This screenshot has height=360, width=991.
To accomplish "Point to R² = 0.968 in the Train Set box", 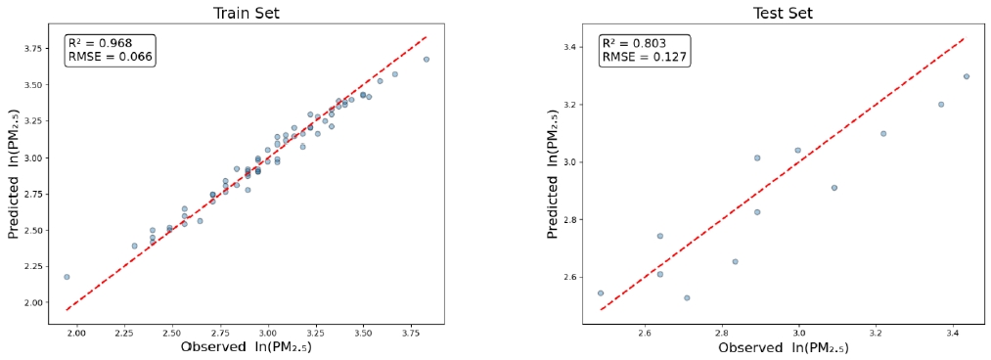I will (x=99, y=43).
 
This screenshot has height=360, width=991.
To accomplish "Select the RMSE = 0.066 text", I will (x=110, y=57).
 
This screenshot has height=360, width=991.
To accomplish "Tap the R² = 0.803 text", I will (x=633, y=43).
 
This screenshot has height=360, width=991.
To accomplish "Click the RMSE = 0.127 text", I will (x=644, y=57).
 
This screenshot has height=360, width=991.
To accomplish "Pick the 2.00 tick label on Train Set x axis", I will (x=76, y=333).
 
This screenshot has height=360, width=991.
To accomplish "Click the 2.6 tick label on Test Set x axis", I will (x=644, y=333).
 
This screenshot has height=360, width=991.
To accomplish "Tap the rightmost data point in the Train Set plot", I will (x=426, y=59).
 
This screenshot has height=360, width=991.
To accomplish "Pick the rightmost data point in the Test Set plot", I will (x=966, y=76).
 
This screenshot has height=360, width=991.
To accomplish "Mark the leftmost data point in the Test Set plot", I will (x=601, y=292).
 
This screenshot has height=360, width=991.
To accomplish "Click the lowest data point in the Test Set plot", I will (x=687, y=297).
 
